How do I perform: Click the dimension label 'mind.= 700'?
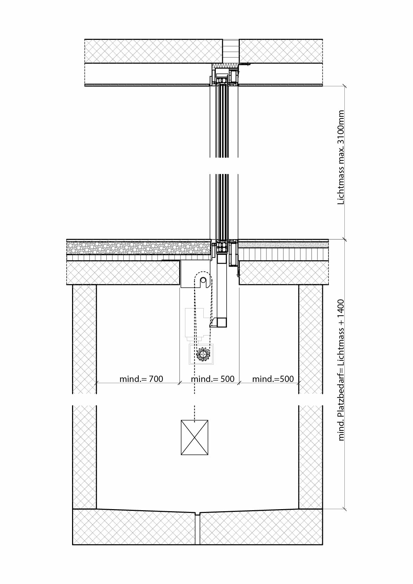point(141,379)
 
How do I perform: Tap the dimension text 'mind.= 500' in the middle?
point(213,379)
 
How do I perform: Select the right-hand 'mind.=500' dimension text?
point(273,379)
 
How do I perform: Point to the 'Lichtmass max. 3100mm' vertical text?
point(341,157)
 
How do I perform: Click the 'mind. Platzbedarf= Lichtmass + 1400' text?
point(341,370)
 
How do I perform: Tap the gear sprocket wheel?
point(203,354)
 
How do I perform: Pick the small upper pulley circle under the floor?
point(203,281)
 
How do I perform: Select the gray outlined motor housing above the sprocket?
point(197,325)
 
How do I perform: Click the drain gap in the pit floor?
point(197,529)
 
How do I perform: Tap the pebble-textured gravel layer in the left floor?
point(139,248)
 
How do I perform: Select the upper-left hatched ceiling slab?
point(153,51)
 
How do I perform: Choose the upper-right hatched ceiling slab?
point(281,51)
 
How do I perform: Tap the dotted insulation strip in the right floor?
point(283,245)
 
